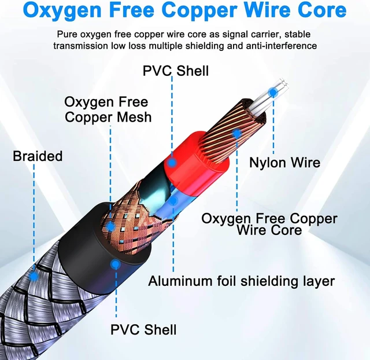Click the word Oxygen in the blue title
point(62,11)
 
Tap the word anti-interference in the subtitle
point(282,46)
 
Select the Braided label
point(38,156)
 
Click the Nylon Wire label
point(285,163)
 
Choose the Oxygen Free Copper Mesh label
point(108,109)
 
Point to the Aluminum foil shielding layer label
point(242,281)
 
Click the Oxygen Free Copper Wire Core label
point(269,224)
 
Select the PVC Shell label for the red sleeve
point(176,71)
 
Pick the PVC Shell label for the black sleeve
point(143,329)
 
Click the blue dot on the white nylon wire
point(273,92)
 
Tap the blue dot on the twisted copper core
point(236,134)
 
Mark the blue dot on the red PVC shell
point(172,163)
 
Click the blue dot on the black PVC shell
point(115,265)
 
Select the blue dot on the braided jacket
point(34,276)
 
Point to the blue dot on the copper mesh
point(110,226)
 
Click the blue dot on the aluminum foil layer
point(173,201)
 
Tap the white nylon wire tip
point(284,84)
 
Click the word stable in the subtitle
point(297,35)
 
